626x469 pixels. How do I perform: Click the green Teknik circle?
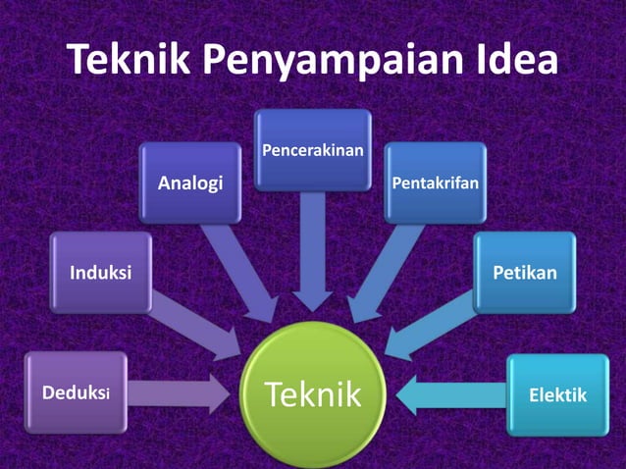[x=313, y=395]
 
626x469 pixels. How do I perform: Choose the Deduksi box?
[x=76, y=393]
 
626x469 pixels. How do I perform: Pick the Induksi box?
[x=100, y=272]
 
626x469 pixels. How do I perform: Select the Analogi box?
[x=190, y=182]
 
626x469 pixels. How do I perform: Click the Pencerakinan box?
[x=313, y=149]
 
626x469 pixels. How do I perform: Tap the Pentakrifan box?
[x=435, y=182]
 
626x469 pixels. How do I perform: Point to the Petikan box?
[x=525, y=272]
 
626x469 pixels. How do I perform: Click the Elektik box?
[x=557, y=395]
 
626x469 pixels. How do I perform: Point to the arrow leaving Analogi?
[x=240, y=270]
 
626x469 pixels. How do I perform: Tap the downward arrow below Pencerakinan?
[x=313, y=250]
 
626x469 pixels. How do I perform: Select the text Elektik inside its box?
[x=557, y=395]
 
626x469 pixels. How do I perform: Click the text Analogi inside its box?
[x=190, y=182]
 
